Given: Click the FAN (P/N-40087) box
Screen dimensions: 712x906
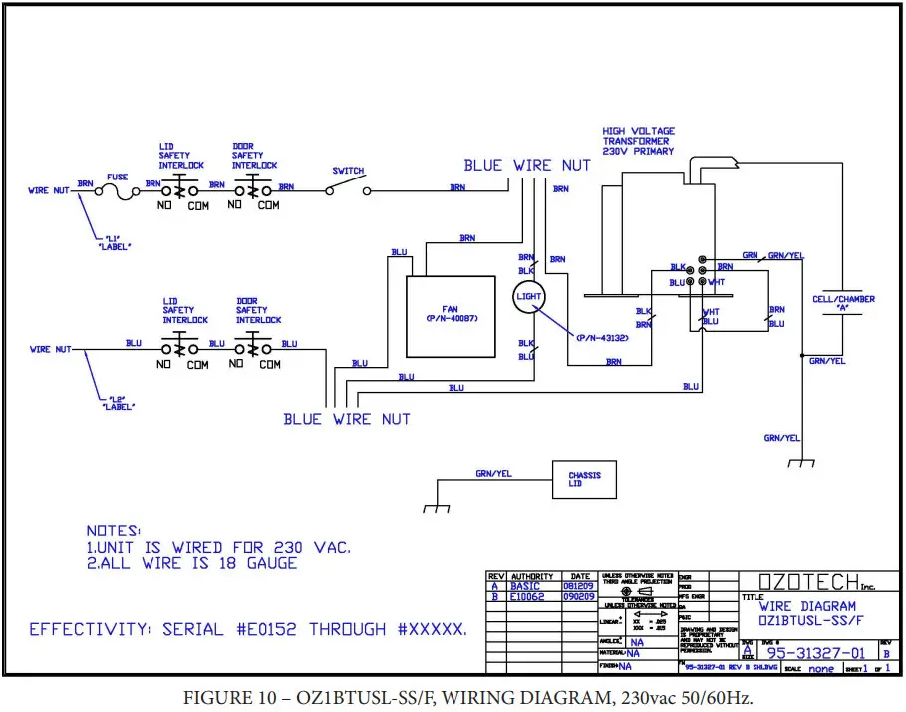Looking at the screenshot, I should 451,311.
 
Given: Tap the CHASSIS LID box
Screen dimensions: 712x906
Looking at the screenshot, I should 584,480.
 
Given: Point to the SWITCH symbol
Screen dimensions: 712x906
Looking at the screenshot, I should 348,188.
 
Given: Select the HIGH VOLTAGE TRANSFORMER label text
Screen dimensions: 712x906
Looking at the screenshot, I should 638,141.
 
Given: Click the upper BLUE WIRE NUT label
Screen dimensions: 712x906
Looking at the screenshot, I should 527,165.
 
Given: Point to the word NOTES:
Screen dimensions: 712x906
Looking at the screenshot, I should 114,532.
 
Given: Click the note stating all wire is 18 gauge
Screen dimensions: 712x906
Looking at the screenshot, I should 191,563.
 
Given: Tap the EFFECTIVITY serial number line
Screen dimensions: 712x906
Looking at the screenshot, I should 248,629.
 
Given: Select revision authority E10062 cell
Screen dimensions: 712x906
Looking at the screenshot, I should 531,596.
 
